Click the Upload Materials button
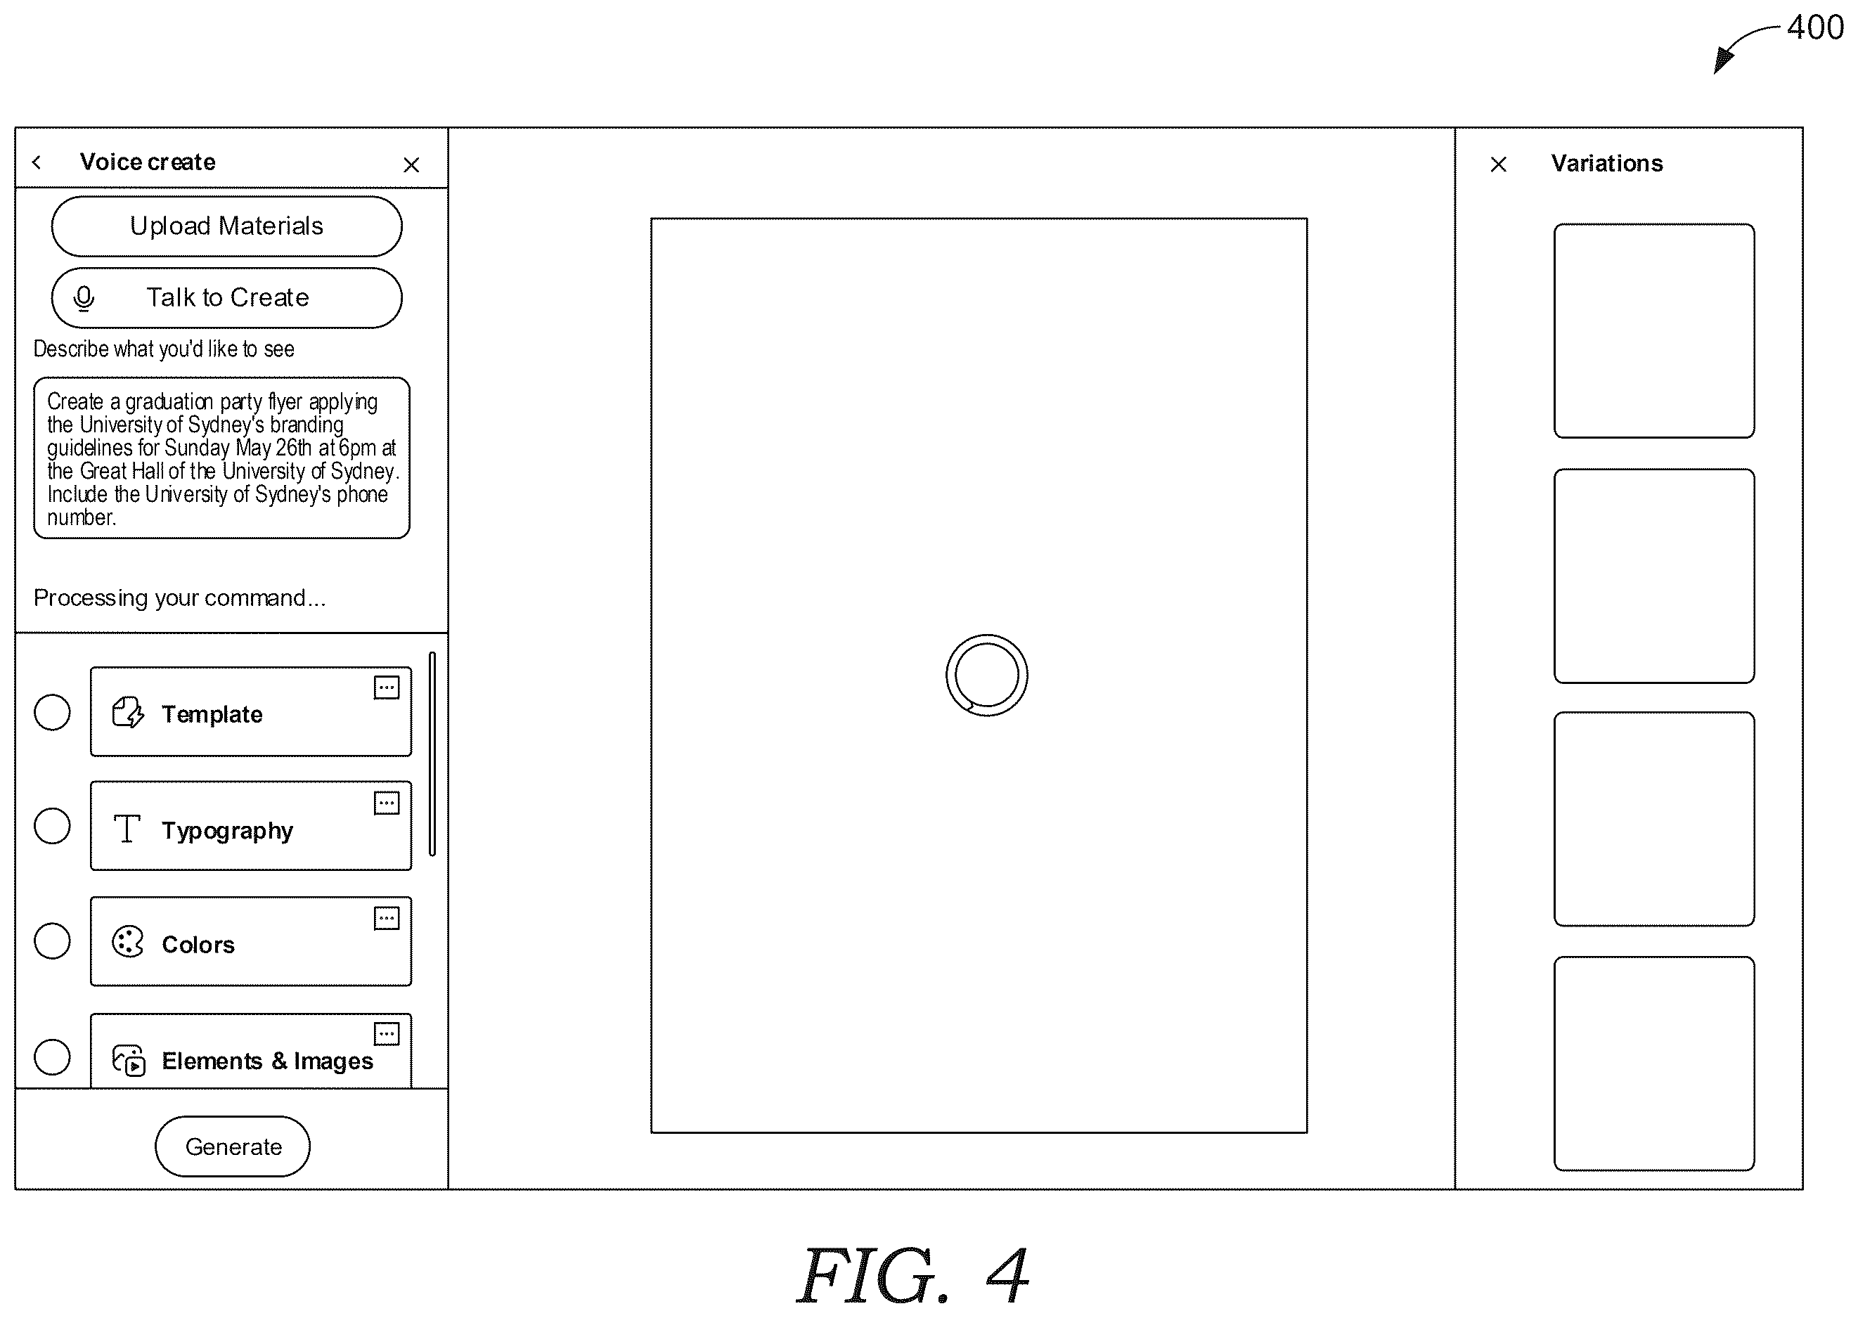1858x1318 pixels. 226,226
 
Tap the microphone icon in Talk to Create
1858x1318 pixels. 84,299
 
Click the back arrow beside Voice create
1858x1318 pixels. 37,162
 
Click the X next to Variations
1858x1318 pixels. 1498,164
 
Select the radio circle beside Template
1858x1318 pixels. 52,713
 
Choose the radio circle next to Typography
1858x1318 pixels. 52,826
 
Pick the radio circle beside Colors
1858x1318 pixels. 52,941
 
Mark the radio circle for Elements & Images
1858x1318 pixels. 52,1057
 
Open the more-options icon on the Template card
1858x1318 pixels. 387,687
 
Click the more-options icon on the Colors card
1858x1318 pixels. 387,919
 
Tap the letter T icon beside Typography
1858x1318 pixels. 127,829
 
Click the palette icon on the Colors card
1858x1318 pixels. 127,942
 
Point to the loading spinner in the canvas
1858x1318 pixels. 987,636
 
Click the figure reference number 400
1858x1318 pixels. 1815,27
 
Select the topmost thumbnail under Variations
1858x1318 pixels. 1654,331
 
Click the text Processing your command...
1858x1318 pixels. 179,599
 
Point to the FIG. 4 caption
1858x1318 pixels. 914,1274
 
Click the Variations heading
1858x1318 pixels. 1607,164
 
